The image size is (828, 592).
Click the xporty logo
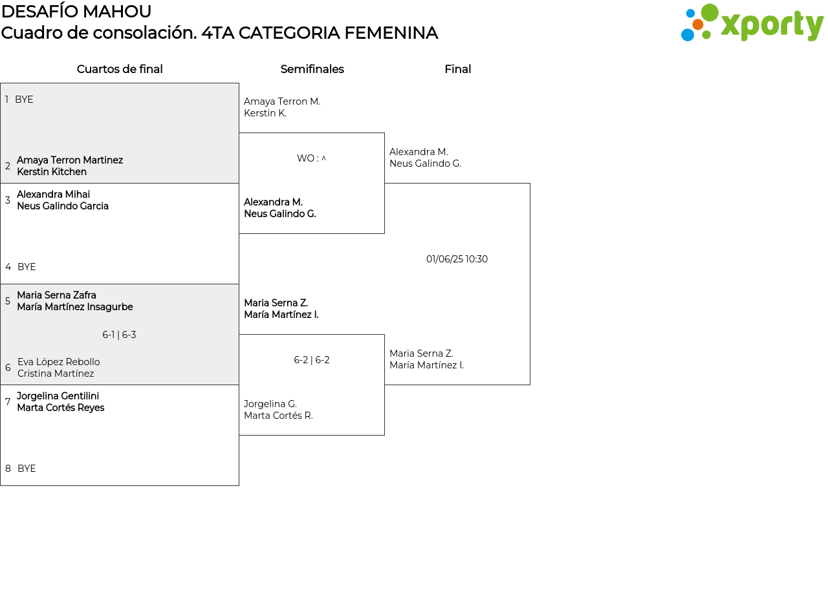[x=752, y=22]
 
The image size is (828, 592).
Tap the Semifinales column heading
[x=312, y=69]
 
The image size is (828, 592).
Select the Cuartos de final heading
[x=120, y=69]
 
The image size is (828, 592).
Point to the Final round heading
[x=457, y=69]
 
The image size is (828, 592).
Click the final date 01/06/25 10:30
[x=457, y=259]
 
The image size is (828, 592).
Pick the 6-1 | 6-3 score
[x=119, y=335]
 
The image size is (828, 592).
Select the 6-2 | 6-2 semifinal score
[x=312, y=360]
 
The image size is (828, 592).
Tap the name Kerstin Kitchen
[x=52, y=172]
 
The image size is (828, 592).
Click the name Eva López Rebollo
[x=58, y=362]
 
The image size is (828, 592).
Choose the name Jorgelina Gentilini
[x=58, y=396]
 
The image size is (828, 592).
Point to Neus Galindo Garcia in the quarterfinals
[x=63, y=206]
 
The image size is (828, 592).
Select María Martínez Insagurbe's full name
[x=75, y=307]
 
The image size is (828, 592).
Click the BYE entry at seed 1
[x=24, y=100]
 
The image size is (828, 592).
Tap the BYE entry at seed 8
[x=27, y=469]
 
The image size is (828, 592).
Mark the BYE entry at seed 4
[x=27, y=267]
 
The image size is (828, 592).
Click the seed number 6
[x=8, y=368]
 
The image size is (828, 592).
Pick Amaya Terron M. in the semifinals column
[x=282, y=101]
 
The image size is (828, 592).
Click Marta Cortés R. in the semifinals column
[x=278, y=416]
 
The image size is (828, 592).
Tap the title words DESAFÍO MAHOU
[x=76, y=12]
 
